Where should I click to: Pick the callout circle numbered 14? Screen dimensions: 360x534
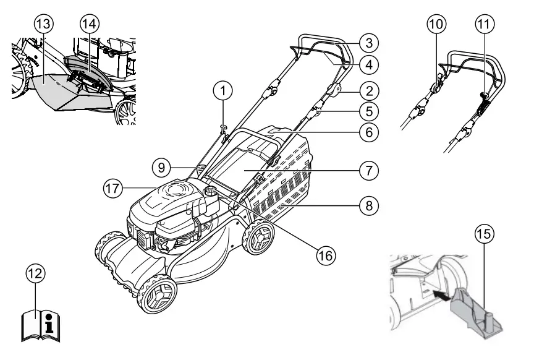[90, 24]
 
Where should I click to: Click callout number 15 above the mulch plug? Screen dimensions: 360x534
[483, 236]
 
